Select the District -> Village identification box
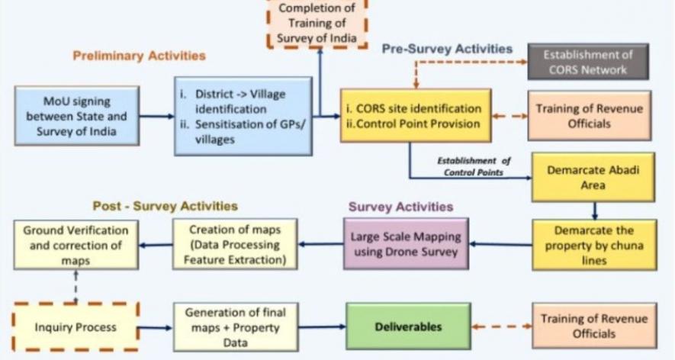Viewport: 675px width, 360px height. tap(243, 115)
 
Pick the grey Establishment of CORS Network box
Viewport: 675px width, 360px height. tap(587, 61)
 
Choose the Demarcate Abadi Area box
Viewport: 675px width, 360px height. tap(593, 177)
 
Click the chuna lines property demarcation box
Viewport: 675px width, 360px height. tap(593, 244)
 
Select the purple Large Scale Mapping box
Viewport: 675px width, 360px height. tap(405, 244)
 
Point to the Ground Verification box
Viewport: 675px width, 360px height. tap(76, 244)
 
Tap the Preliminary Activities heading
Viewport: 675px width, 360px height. tap(140, 56)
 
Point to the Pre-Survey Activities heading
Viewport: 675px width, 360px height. tap(447, 49)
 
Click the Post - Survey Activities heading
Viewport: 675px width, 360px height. tap(165, 206)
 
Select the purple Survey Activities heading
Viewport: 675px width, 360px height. tap(401, 207)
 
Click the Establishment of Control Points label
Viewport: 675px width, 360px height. tap(474, 166)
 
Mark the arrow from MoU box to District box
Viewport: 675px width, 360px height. tap(156, 117)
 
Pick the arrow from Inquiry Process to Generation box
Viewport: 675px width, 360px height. tap(156, 328)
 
